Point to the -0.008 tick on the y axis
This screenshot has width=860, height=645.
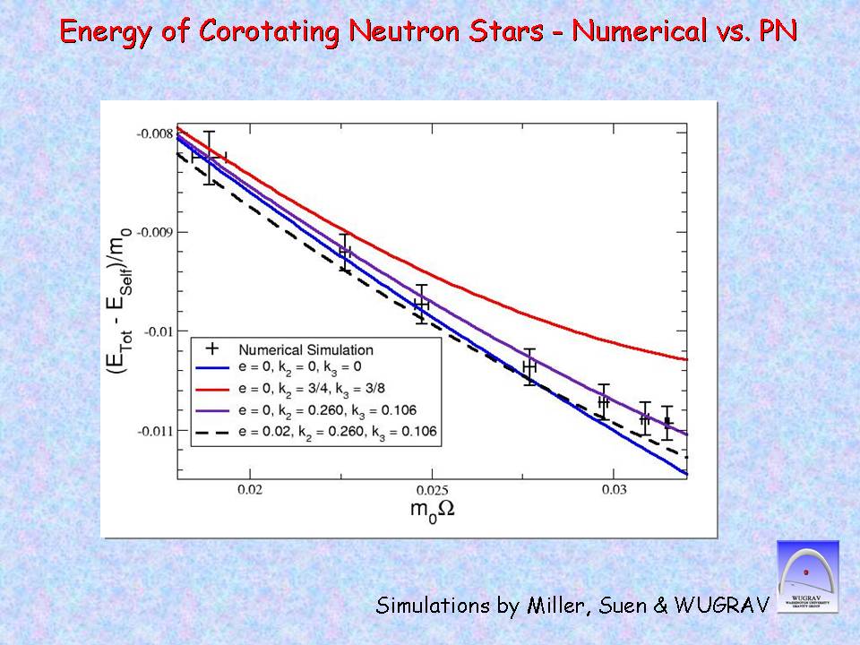(154, 133)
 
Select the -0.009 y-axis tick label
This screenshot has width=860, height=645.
(154, 232)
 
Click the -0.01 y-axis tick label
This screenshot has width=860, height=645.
(158, 331)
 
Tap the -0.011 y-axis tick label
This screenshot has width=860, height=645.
(154, 431)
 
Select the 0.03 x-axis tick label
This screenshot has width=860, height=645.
(614, 489)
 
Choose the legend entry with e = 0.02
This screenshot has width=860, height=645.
(338, 431)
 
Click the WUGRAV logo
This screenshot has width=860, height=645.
(807, 578)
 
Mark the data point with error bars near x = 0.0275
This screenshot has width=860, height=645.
(529, 365)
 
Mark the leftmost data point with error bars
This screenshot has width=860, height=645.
(209, 157)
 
